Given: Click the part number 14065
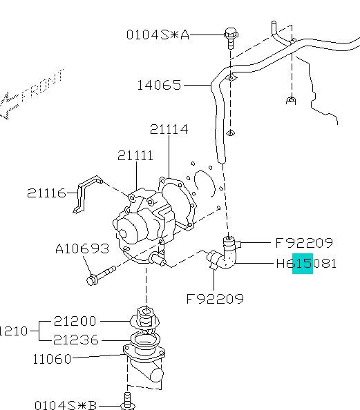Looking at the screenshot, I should pyautogui.click(x=158, y=86).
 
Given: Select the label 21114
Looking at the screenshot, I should pyautogui.click(x=169, y=129).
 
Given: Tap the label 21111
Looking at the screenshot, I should pyautogui.click(x=135, y=156).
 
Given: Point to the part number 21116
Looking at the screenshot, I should pyautogui.click(x=46, y=193).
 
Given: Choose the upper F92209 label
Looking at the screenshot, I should pyautogui.click(x=304, y=243).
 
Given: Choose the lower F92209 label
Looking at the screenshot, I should pyautogui.click(x=215, y=299).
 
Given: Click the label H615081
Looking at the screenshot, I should pyautogui.click(x=306, y=263).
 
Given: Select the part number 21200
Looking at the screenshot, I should pyautogui.click(x=79, y=322).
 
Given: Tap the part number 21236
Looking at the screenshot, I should pyautogui.click(x=79, y=340).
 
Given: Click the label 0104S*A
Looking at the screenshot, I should pyautogui.click(x=158, y=34).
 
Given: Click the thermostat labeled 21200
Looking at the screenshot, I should pyautogui.click(x=145, y=319).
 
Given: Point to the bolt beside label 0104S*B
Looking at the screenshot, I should pyautogui.click(x=127, y=401).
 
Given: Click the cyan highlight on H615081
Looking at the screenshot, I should pyautogui.click(x=302, y=263).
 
